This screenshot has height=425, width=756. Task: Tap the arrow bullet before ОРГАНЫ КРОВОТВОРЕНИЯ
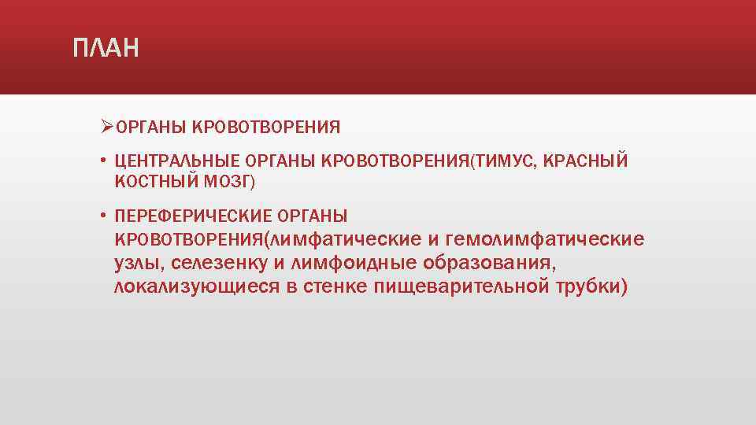point(107,126)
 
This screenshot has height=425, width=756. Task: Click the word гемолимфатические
point(545,238)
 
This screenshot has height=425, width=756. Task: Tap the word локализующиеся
point(196,286)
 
